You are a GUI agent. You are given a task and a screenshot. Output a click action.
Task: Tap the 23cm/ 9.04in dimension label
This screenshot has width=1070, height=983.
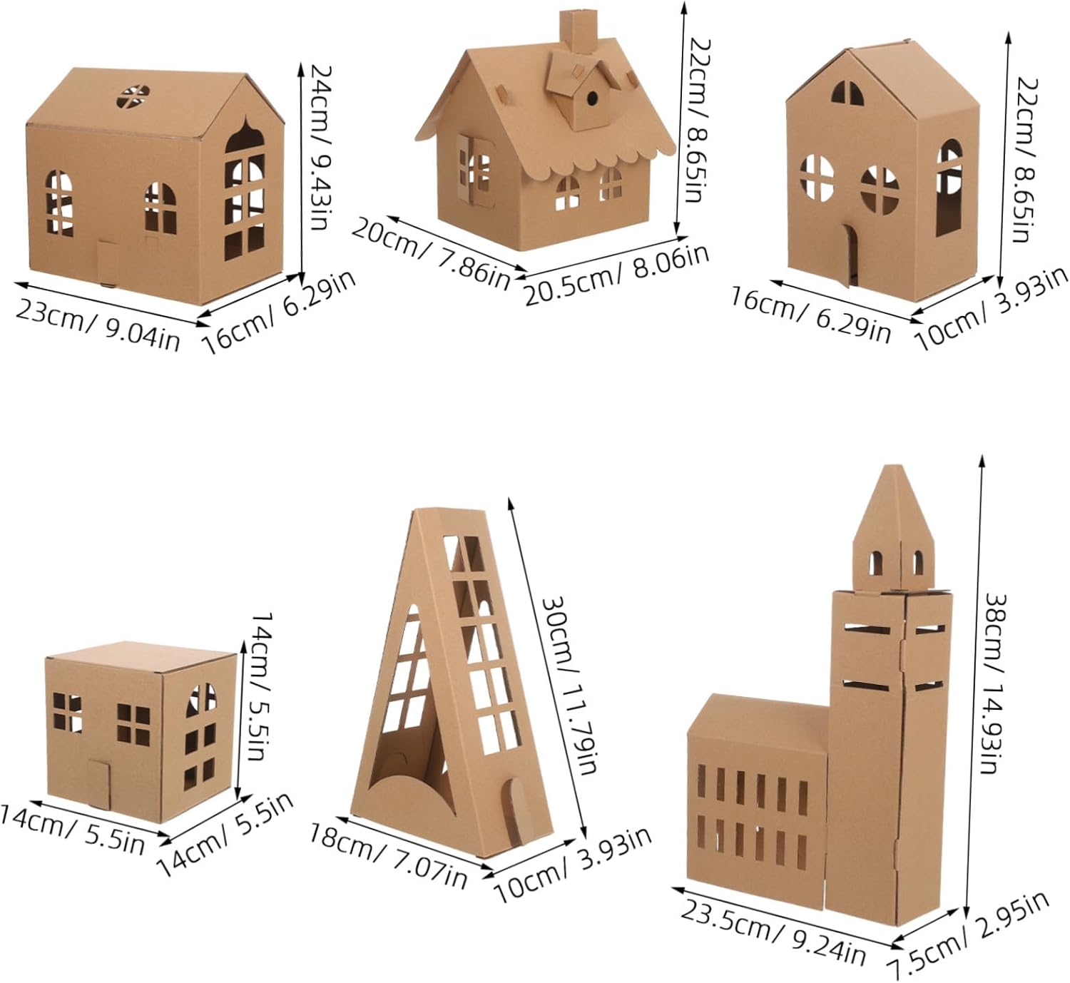tap(98, 325)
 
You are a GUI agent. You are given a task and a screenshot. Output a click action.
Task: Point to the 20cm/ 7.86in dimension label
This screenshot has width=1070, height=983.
tap(431, 253)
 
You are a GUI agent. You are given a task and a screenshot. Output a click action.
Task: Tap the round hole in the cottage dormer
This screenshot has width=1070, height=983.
tap(592, 98)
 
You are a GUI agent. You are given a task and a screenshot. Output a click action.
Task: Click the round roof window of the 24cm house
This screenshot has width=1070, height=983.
tap(133, 97)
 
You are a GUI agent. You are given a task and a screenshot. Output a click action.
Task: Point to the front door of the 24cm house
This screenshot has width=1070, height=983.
tap(108, 263)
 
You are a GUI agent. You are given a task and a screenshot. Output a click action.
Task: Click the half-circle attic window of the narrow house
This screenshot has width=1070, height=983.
tap(847, 92)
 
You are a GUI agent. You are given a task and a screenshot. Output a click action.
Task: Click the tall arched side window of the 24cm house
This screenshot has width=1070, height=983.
tap(244, 193)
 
